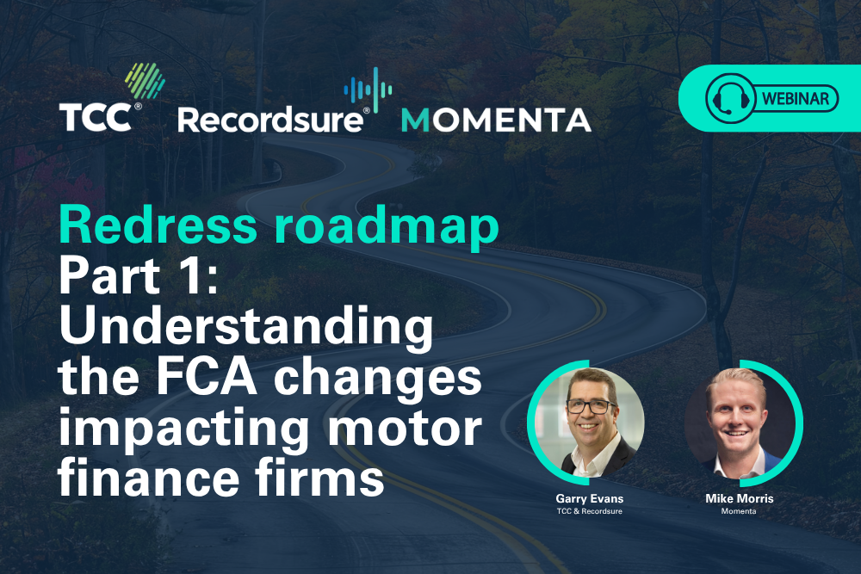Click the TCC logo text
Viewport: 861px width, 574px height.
click(x=96, y=117)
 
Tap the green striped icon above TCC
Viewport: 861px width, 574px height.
click(x=145, y=81)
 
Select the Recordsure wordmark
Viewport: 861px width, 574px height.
click(x=270, y=120)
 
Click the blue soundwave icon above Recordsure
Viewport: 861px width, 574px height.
click(x=368, y=90)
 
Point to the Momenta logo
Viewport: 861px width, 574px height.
click(x=496, y=120)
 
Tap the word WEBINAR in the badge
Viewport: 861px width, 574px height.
click(x=796, y=99)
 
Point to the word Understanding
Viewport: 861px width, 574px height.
click(x=246, y=328)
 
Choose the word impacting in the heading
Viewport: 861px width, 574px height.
click(x=184, y=429)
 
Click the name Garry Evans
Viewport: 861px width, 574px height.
click(x=589, y=498)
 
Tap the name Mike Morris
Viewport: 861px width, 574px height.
click(x=739, y=498)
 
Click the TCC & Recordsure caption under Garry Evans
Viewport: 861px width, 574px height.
click(x=589, y=511)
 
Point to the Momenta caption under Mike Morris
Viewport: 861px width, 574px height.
click(x=739, y=511)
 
